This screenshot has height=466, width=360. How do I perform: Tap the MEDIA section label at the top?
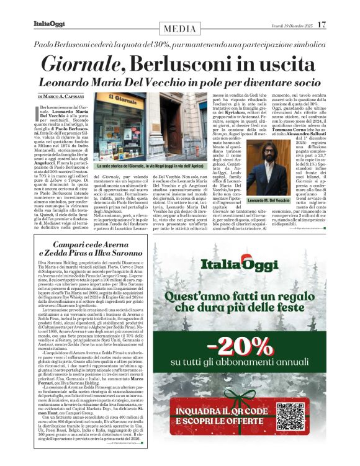click(179, 29)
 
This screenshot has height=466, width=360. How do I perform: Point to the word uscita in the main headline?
click(289, 63)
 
